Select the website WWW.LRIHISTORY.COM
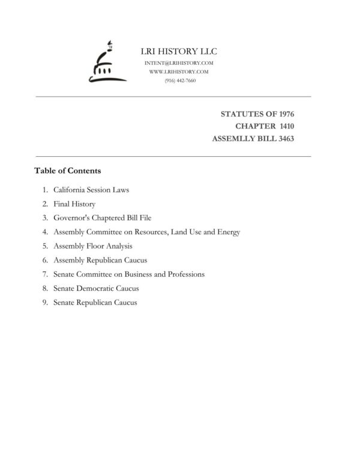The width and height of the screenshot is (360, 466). point(178,71)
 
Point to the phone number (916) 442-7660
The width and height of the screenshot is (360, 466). point(179,80)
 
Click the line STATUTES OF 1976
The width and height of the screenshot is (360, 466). point(257,114)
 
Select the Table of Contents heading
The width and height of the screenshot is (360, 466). point(67,171)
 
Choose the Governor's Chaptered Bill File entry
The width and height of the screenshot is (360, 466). point(106,218)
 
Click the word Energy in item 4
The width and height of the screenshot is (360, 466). point(228,232)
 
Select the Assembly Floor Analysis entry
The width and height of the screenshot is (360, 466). point(92,246)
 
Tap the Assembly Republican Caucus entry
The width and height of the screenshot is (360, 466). point(100,260)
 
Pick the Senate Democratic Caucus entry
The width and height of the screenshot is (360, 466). point(96,288)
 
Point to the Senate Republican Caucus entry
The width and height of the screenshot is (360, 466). point(95,302)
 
